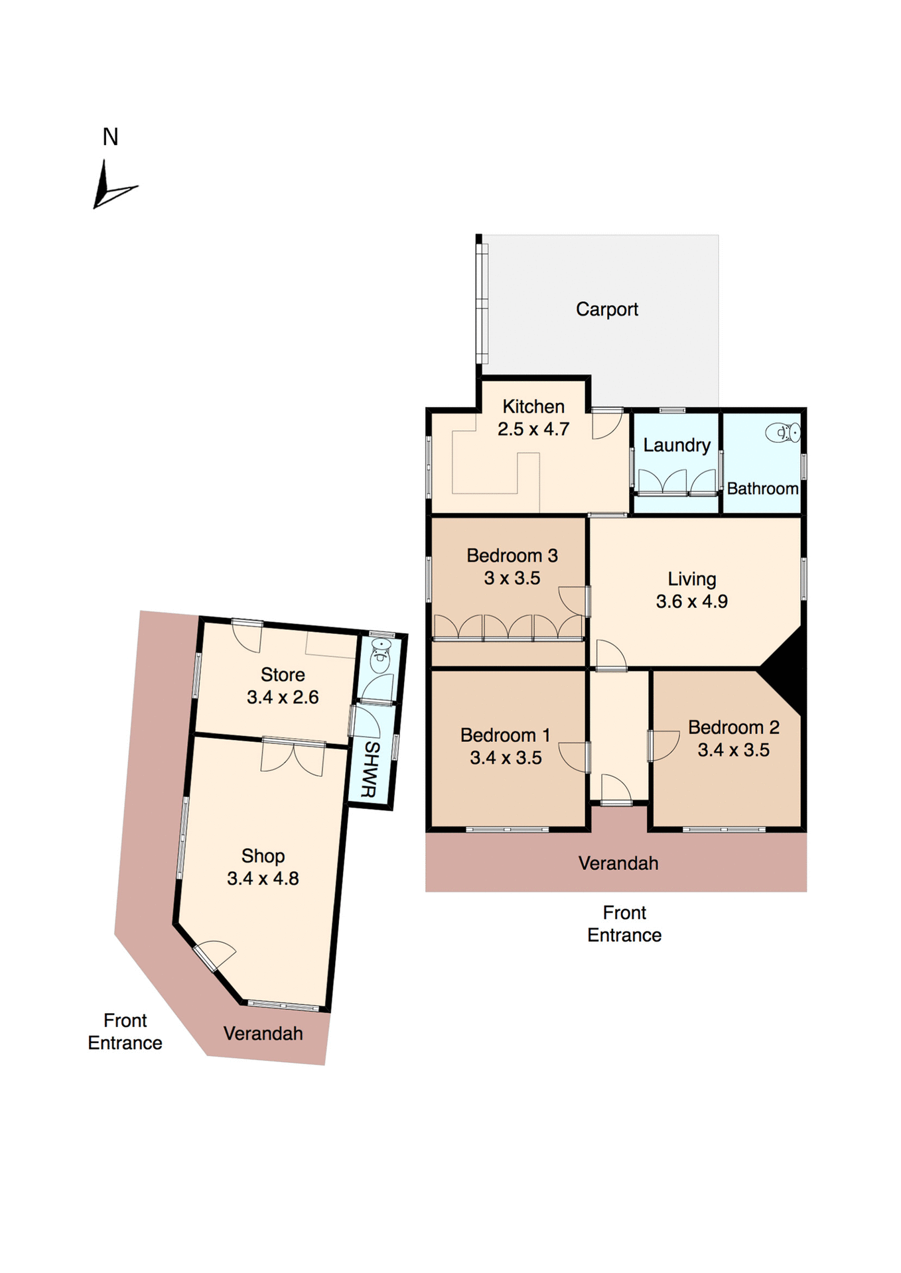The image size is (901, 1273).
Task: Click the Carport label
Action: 606,309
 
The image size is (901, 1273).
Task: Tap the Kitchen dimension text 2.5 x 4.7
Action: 533,429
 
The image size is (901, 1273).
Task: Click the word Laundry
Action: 676,445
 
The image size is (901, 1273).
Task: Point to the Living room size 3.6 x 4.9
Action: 691,601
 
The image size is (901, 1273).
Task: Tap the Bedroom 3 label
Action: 512,556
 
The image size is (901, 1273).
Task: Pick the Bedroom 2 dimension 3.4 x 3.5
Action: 733,750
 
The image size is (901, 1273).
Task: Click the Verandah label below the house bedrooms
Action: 618,863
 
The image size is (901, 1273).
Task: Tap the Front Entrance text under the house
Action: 624,924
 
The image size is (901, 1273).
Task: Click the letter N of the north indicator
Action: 110,137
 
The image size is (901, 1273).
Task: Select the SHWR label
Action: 370,769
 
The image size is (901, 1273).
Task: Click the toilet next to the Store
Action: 380,650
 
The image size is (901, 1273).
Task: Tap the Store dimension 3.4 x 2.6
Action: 283,697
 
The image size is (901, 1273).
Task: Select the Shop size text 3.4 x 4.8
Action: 263,879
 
